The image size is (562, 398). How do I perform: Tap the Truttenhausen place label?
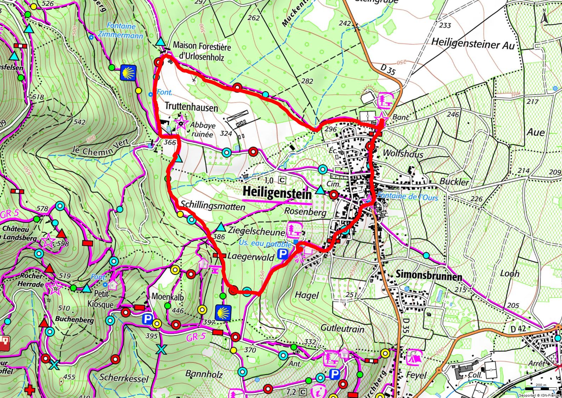pos(191,107)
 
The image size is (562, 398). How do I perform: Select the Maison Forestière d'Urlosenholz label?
pos(201,51)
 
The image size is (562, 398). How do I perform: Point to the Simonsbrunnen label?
pos(429,275)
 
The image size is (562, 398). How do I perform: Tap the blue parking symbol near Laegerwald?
pos(282,254)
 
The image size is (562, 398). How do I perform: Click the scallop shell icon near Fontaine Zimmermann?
pos(128,73)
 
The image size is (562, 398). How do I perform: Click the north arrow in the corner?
pos(544,17)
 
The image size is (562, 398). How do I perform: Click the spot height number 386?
pos(219,237)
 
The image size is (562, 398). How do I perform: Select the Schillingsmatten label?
pos(212,206)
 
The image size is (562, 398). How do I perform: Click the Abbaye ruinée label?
pos(202,129)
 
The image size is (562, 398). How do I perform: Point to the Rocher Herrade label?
pos(32,280)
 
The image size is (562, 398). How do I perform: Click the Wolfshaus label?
pos(403,154)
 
